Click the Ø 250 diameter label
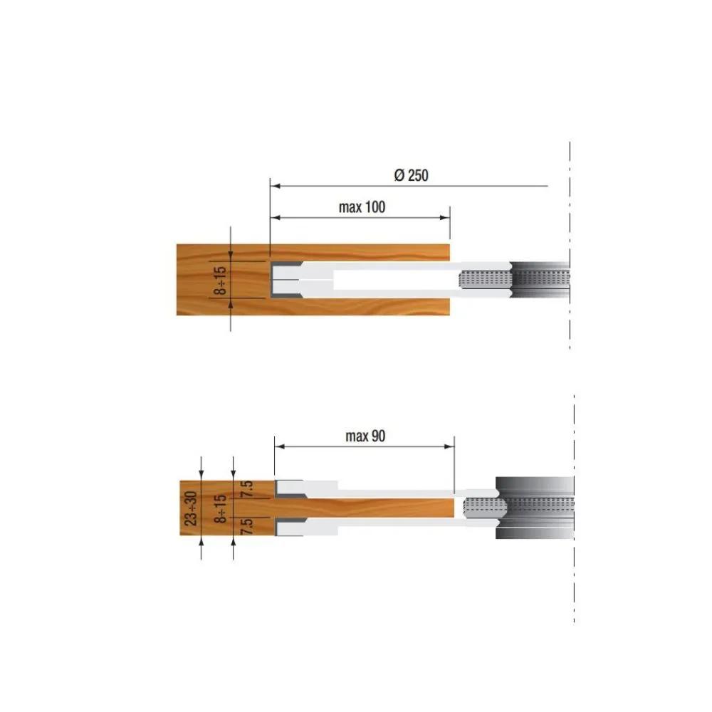[411, 175]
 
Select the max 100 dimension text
[362, 207]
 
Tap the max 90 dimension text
[365, 436]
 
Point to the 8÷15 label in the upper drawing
[222, 280]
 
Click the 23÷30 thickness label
[191, 508]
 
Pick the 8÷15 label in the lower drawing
[222, 508]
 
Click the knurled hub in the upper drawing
[485, 279]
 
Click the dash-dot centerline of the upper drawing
[570, 214]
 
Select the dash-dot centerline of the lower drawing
[574, 570]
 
